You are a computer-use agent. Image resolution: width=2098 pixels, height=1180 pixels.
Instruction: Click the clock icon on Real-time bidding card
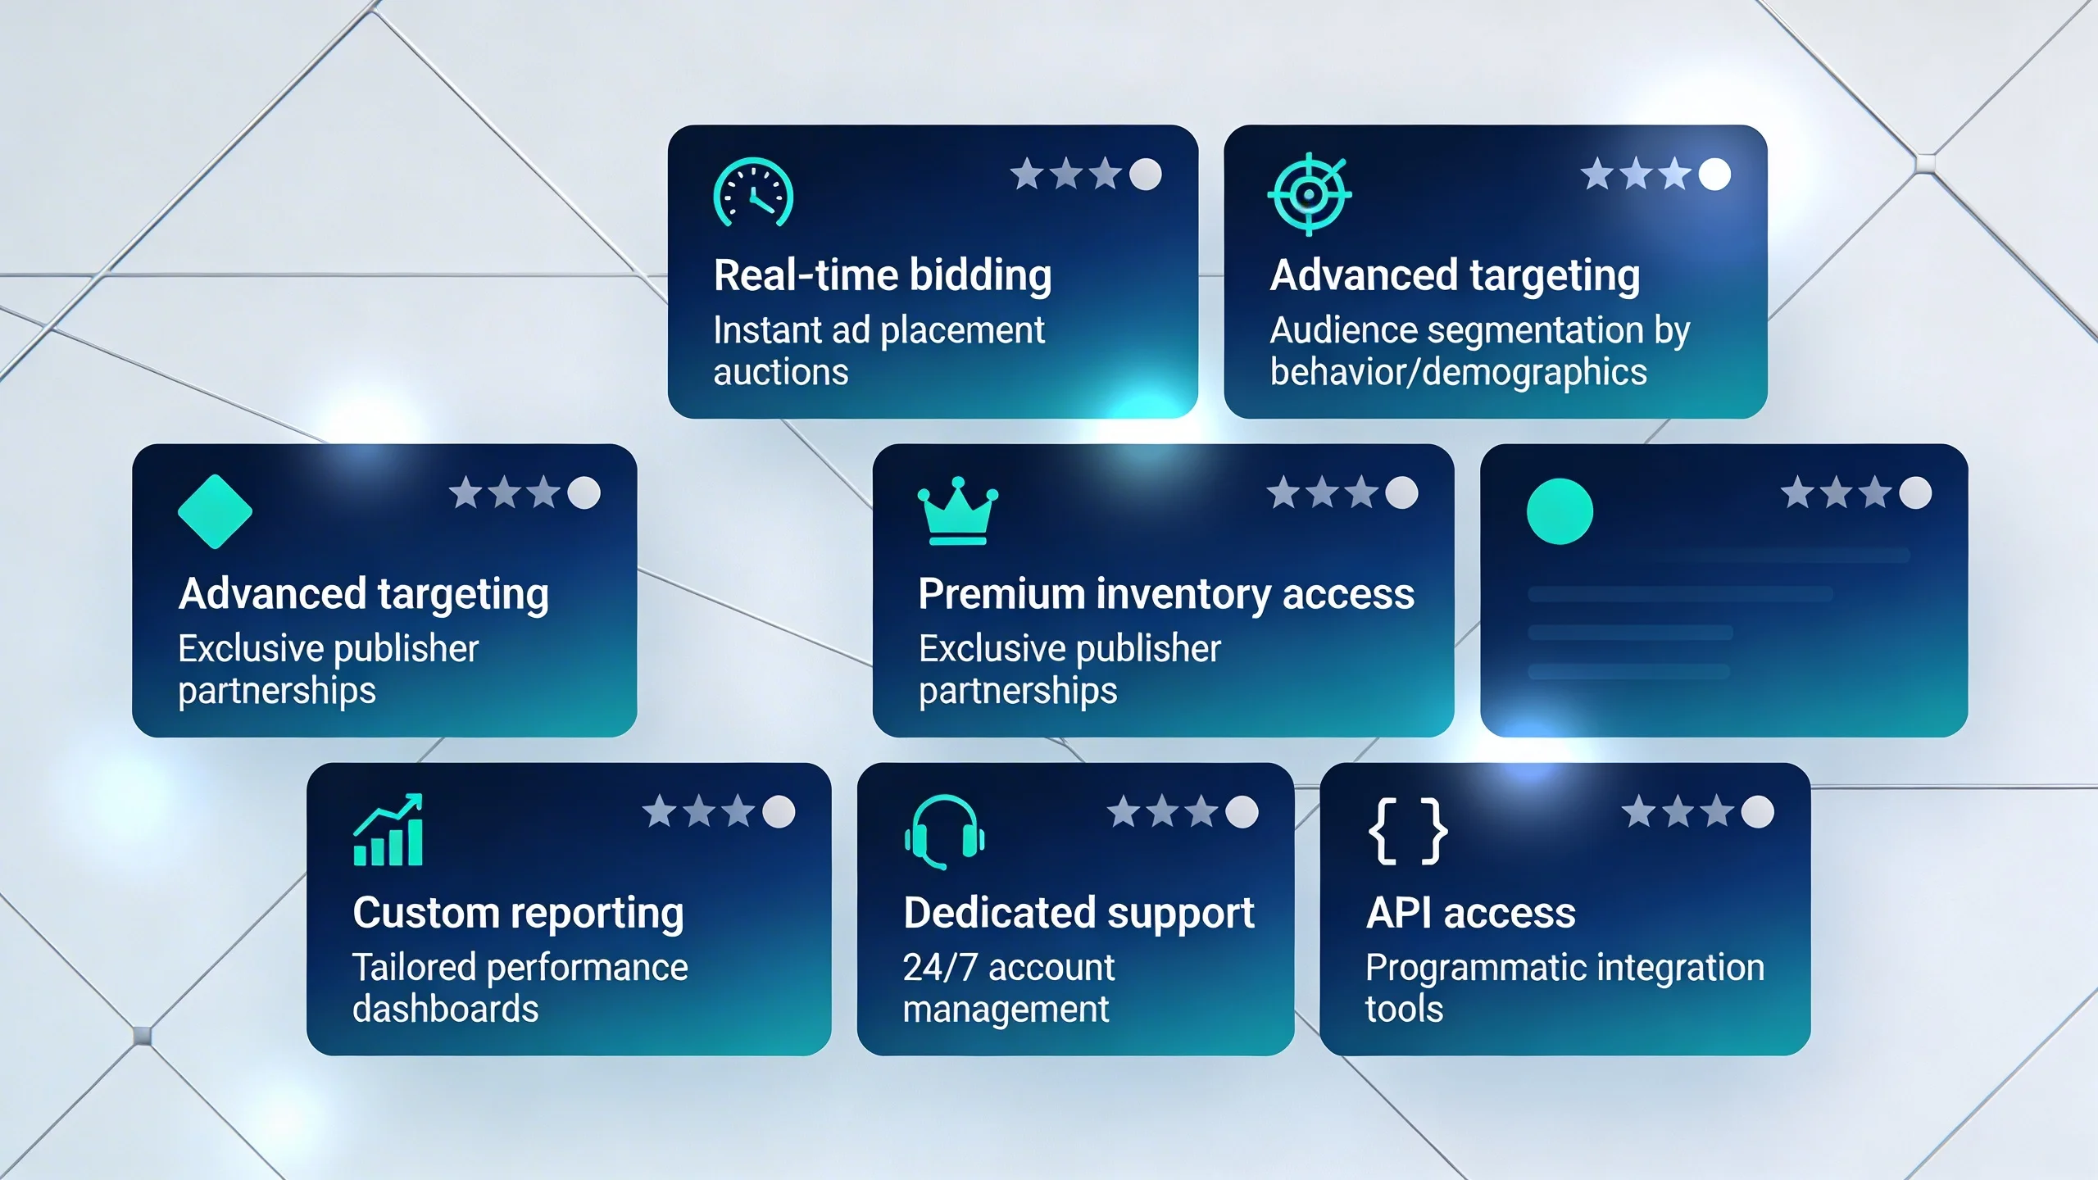click(753, 193)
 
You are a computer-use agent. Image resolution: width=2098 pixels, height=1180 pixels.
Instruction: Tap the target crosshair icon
click(1309, 194)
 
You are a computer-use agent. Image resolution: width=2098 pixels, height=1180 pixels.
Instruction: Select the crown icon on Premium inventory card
click(957, 511)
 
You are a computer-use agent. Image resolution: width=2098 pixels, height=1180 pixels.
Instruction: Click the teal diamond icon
click(215, 511)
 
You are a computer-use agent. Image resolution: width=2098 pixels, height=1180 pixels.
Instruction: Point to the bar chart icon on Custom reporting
click(388, 830)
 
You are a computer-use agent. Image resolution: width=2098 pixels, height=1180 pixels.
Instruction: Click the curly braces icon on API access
click(1407, 831)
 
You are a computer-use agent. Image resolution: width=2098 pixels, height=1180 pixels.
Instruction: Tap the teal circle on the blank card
click(1560, 511)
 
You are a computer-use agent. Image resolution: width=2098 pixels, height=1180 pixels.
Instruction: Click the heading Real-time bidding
click(882, 275)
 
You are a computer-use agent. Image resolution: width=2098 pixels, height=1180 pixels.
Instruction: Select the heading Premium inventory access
click(1165, 593)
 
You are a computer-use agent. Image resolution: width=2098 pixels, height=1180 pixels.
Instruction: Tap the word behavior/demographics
click(1458, 372)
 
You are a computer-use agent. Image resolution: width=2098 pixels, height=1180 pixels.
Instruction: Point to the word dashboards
click(445, 1009)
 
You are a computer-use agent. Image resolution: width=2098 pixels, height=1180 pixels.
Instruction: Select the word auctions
click(780, 372)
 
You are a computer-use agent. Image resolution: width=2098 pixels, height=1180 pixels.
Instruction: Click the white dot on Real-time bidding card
click(1145, 174)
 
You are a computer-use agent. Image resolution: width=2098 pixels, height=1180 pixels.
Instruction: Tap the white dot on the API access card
click(1757, 812)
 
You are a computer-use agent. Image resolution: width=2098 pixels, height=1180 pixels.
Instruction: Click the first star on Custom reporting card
click(659, 812)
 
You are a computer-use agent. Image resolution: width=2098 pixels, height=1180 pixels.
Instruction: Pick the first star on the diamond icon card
click(465, 493)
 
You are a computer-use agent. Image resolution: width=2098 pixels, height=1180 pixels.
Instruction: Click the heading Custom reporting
click(518, 913)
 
